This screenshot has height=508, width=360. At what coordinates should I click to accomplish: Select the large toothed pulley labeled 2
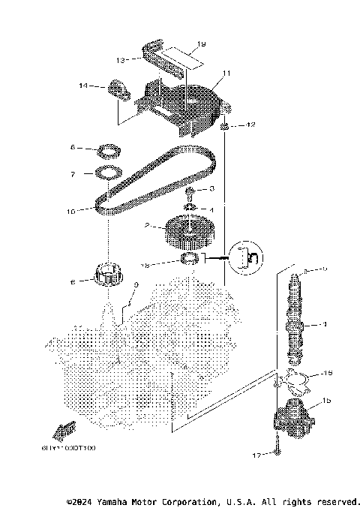pyautogui.click(x=187, y=232)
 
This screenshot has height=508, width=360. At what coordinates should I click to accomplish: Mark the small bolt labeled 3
pyautogui.click(x=191, y=192)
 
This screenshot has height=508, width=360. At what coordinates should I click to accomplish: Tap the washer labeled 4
pyautogui.click(x=192, y=208)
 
